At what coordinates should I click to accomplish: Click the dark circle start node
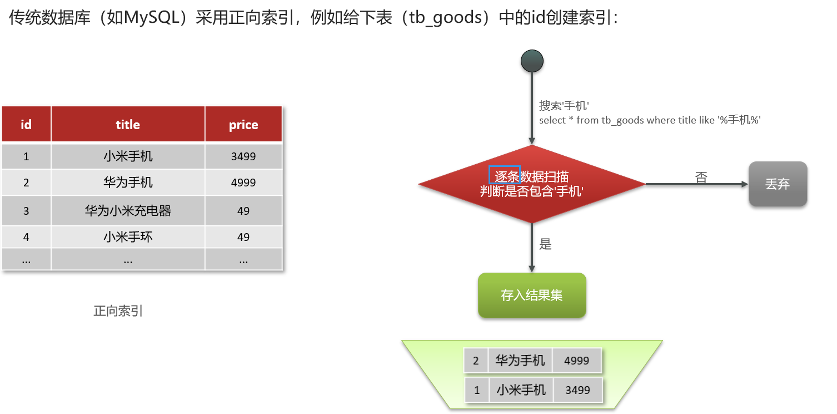point(532,61)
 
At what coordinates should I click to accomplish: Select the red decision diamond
point(532,184)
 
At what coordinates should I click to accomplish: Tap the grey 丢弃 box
point(778,184)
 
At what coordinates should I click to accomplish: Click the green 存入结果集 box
point(532,295)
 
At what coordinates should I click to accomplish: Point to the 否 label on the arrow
point(701,178)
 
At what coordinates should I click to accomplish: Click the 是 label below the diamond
point(545,244)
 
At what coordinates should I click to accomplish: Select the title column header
point(128,125)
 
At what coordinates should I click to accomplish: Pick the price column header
point(243,125)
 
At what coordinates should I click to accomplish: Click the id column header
point(26,125)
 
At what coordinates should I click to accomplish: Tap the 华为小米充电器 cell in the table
point(128,211)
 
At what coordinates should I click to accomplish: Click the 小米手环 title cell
point(128,237)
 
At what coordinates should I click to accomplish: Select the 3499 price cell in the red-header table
point(243,156)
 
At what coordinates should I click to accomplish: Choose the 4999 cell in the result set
point(576,361)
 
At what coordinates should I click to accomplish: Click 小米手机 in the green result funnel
point(520,390)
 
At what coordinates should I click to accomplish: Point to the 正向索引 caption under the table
point(118,311)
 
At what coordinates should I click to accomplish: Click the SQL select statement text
point(650,120)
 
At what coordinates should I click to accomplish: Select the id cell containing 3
point(26,211)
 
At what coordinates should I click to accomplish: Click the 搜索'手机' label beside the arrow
point(564,106)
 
